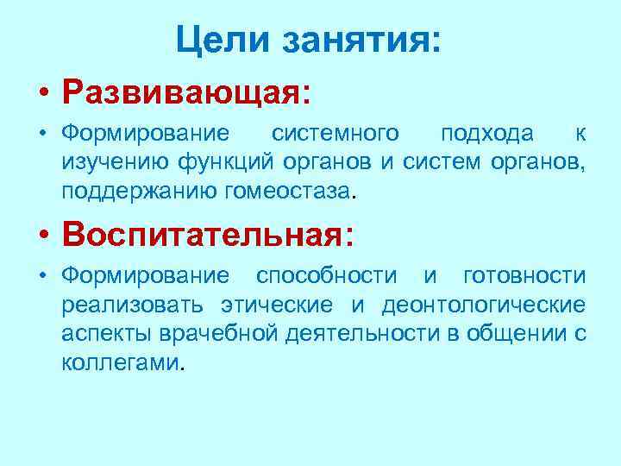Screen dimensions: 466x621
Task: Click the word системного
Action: click(336, 133)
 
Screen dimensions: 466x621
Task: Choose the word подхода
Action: click(486, 133)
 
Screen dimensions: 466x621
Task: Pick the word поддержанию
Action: click(130, 189)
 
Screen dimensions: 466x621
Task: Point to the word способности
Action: click(327, 275)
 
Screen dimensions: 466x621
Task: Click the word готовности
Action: click(524, 275)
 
